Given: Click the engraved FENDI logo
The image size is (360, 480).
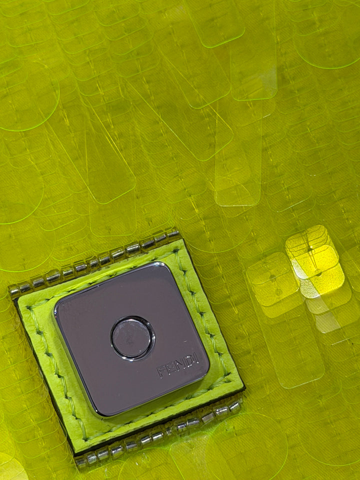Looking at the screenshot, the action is (178, 365).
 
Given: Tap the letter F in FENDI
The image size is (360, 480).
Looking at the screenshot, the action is (161, 372).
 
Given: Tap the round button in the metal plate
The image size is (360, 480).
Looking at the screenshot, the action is (132, 337).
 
